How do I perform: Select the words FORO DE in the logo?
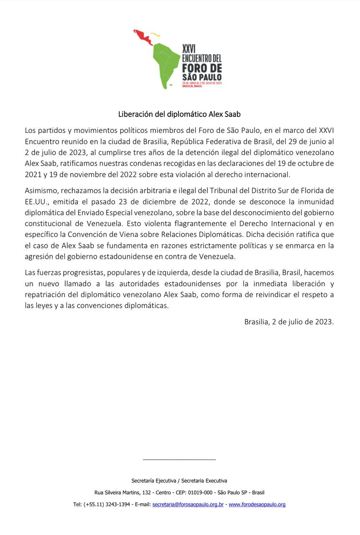[x=202, y=68]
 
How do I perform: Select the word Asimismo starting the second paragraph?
[x=41, y=190]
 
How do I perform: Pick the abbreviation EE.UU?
[x=37, y=201]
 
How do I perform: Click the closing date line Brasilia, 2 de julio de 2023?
[x=289, y=321]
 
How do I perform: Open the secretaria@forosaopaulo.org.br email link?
[x=188, y=504]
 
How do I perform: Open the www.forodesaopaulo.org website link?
[x=257, y=504]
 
